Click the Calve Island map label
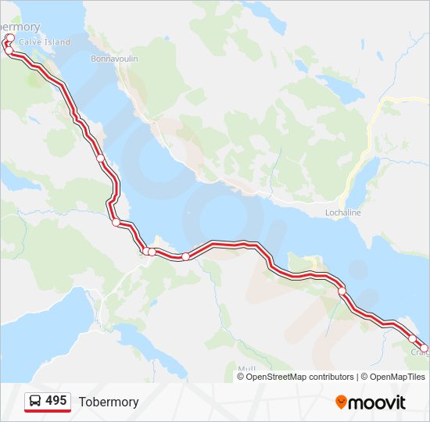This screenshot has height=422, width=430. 45,42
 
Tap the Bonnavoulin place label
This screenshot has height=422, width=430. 113,59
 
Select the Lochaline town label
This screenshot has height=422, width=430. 343,212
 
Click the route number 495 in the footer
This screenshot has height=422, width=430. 56,401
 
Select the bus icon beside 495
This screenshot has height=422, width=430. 36,401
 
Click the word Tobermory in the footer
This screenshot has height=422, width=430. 109,402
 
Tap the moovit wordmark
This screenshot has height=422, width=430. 377,402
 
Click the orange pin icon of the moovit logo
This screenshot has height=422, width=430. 341,402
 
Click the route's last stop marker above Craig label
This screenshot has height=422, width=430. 424,348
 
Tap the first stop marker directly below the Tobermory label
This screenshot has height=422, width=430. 10,38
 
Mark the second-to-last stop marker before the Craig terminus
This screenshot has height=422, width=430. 412,338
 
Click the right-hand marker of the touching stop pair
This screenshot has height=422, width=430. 152,252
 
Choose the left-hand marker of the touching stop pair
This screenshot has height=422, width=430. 146,251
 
